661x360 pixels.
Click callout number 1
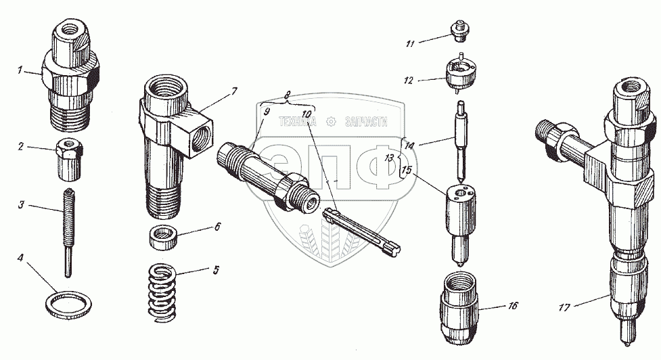click(20, 70)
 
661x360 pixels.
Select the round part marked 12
click(461, 72)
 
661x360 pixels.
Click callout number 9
click(266, 111)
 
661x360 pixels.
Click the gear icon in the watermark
click(331, 122)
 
